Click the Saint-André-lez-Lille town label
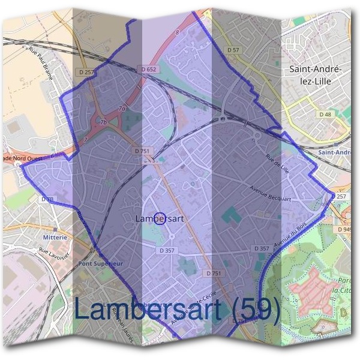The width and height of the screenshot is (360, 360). click(316, 78)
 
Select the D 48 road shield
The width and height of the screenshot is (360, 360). click(325, 114)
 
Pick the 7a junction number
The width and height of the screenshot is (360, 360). click(122, 109)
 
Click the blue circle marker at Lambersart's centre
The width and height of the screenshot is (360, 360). click(160, 219)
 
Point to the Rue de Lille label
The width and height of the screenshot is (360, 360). click(279, 164)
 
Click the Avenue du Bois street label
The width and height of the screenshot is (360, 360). click(286, 236)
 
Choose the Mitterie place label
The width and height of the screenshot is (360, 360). click(55, 237)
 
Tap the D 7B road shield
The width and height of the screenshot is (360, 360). click(47, 199)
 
